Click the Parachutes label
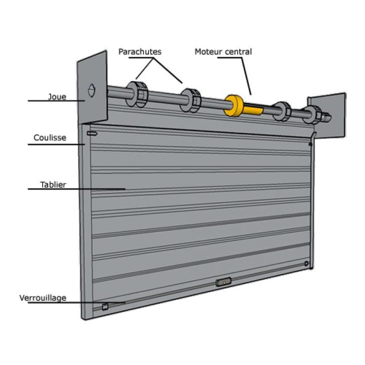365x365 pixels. click(x=140, y=52)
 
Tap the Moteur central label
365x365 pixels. click(x=223, y=52)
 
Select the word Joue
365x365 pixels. click(x=57, y=96)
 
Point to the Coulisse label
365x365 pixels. click(x=50, y=137)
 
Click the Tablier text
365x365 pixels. click(x=53, y=185)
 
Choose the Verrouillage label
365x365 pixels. click(x=43, y=298)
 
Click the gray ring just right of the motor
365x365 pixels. click(x=282, y=111)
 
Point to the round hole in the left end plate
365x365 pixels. click(x=92, y=90)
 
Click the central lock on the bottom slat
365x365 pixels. click(x=223, y=282)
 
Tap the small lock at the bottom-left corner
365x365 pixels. click(x=105, y=306)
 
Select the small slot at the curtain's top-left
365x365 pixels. click(x=92, y=133)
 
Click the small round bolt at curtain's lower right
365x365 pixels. click(x=306, y=264)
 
